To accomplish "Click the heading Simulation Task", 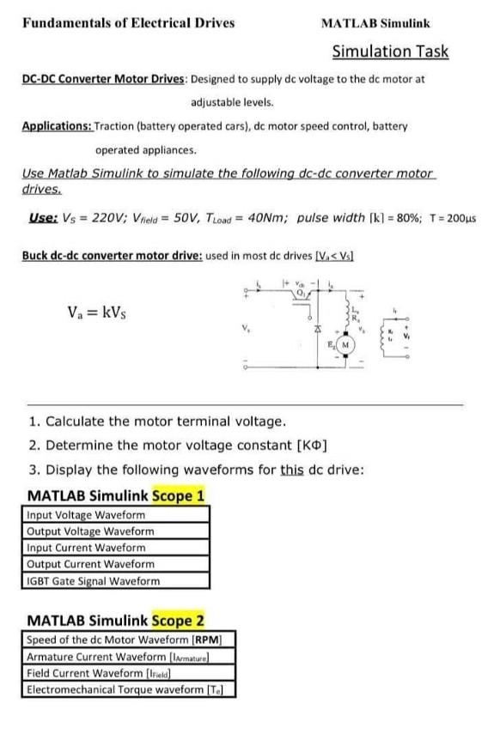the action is pyautogui.click(x=390, y=52).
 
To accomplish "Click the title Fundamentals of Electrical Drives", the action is pyautogui.click(x=129, y=22).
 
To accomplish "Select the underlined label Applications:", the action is pyautogui.click(x=57, y=125).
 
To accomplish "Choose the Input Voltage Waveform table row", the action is pyautogui.click(x=86, y=515).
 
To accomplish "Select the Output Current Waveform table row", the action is pyautogui.click(x=90, y=564).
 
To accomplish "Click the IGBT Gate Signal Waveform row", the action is pyautogui.click(x=93, y=580).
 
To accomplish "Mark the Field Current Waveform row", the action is pyautogui.click(x=93, y=673).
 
